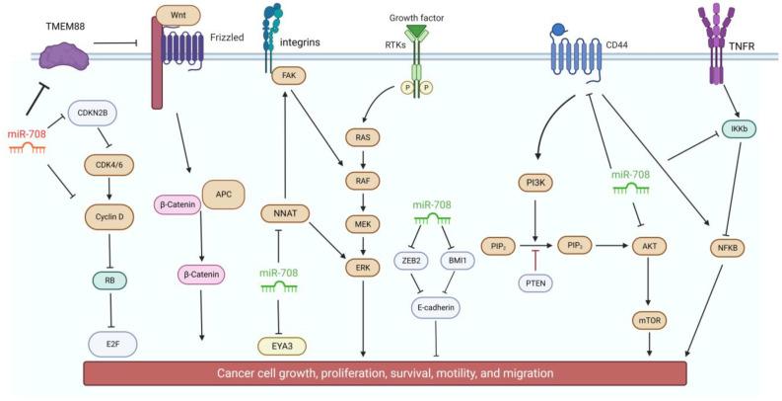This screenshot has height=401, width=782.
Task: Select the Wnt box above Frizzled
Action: click(x=178, y=16)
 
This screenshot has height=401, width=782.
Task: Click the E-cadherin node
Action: click(x=436, y=307)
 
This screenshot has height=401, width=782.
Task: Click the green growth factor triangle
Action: click(x=419, y=34)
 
